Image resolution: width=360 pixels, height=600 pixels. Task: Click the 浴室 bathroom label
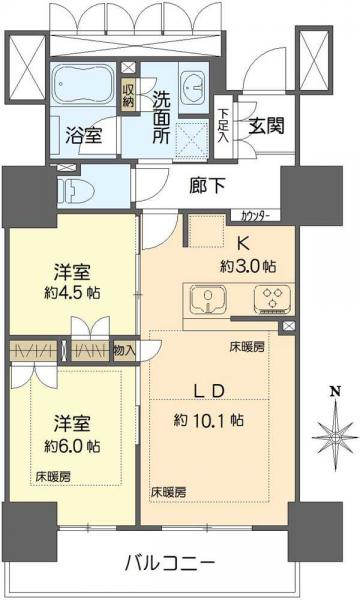click(x=83, y=135)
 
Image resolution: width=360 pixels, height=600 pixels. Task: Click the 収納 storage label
click(x=128, y=96)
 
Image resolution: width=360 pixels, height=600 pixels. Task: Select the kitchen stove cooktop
click(x=270, y=297)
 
